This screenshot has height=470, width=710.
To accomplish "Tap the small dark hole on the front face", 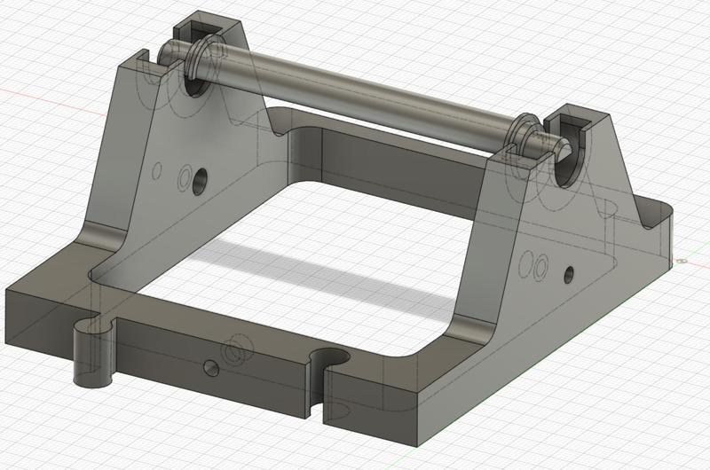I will [x=210, y=366].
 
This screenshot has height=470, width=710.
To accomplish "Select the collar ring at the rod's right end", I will [x=525, y=136].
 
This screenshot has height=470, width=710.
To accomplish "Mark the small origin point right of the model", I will [x=682, y=262].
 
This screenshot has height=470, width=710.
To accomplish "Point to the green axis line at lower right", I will [x=621, y=337].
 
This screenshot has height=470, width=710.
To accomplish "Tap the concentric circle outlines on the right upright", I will [x=532, y=265].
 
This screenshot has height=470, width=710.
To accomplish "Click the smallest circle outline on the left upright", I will [x=157, y=168].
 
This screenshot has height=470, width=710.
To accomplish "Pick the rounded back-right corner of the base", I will [x=661, y=213].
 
